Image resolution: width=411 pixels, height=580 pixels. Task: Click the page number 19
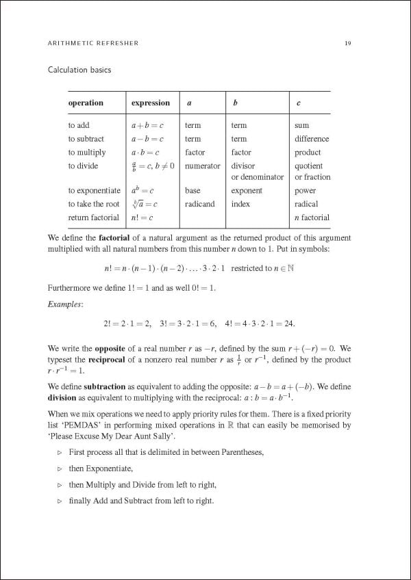point(348,43)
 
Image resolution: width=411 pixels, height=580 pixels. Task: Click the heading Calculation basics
point(79,70)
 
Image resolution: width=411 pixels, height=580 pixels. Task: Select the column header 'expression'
point(150,103)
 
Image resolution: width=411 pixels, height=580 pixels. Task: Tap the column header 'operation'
point(86,103)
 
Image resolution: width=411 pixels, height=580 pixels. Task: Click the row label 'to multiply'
point(87,153)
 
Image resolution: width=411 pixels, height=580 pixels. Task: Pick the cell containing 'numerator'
point(203,166)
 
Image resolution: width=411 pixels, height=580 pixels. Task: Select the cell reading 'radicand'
point(199,204)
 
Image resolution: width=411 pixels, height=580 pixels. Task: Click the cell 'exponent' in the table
point(247,191)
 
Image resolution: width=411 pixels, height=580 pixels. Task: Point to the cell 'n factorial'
point(312,217)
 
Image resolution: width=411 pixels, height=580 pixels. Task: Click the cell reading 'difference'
point(312,139)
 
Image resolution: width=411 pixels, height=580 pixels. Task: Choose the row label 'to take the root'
point(93,204)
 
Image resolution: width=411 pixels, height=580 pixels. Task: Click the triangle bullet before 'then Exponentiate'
point(60,469)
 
